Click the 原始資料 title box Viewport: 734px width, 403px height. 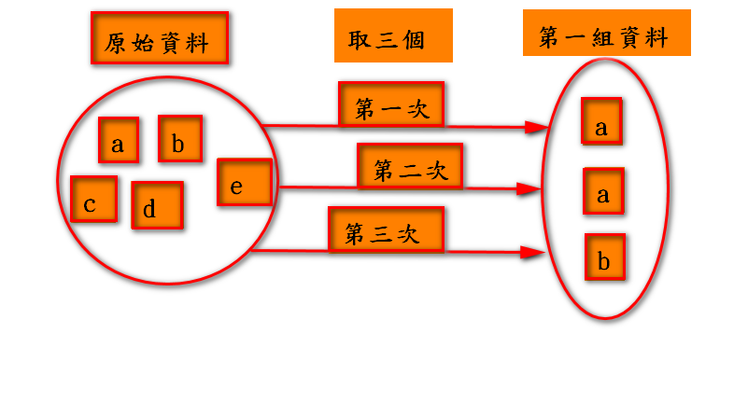coord(160,38)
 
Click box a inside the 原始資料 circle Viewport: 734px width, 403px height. coord(119,140)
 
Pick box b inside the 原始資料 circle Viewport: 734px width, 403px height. coord(180,139)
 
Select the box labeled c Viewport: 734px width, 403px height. coord(93,200)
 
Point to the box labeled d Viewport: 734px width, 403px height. coord(157,205)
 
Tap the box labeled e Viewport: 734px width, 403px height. coord(245,182)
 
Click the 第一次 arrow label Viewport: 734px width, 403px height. coord(391,104)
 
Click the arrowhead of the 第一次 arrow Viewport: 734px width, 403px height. coord(536,127)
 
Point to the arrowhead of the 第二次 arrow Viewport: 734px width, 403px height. coord(529,189)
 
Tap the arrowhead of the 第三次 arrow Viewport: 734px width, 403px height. coord(533,252)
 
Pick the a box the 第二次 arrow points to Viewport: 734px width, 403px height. coord(602,191)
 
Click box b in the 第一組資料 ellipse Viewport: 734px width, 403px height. coord(604,257)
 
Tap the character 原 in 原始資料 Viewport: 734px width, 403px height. coord(117,43)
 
